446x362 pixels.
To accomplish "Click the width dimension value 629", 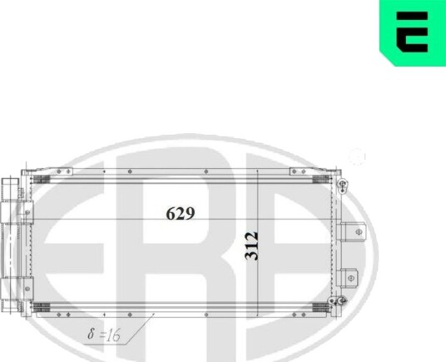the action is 181,213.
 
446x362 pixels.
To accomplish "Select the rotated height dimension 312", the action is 252,246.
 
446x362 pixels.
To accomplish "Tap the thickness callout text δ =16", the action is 104,335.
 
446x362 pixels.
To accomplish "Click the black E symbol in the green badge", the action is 412,32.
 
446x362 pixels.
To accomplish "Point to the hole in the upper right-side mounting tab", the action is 359,232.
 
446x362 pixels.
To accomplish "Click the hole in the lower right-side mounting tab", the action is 351,278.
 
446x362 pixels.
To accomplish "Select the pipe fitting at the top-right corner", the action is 342,186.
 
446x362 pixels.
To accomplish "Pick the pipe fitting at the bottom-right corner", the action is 337,301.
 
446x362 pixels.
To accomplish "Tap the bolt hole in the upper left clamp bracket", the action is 27,212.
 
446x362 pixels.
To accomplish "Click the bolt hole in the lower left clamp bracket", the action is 27,289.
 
